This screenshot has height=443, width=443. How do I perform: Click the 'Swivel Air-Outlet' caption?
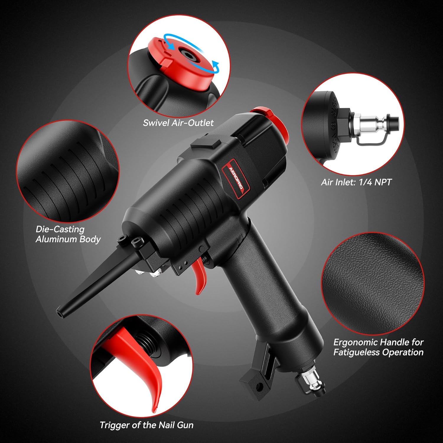click(x=178, y=123)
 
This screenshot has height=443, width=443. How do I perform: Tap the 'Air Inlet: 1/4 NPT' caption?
click(x=356, y=182)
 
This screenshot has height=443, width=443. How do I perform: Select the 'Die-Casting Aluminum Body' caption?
click(x=68, y=234)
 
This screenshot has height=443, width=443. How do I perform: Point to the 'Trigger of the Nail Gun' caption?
click(x=146, y=425)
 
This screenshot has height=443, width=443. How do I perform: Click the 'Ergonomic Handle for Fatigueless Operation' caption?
click(x=378, y=347)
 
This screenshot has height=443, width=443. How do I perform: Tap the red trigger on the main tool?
click(x=198, y=275)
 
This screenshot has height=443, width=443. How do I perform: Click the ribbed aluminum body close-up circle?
click(x=68, y=171)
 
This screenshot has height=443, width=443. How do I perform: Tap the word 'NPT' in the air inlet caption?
click(x=383, y=182)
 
